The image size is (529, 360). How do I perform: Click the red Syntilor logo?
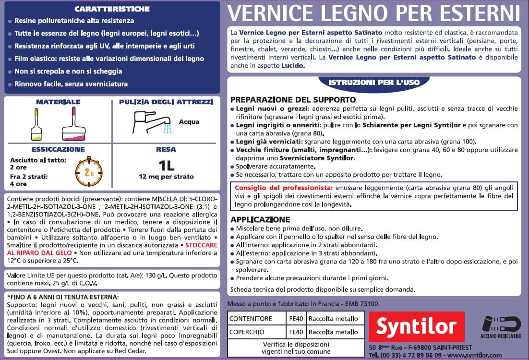pos(416,327)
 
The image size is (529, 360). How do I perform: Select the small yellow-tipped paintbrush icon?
pos(36,124)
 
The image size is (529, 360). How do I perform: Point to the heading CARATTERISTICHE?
pos(112,9)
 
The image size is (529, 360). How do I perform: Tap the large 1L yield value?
pos(166,166)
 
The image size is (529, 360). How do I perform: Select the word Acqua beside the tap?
pos(189,122)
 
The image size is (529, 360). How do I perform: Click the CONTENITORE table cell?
pos(251,319)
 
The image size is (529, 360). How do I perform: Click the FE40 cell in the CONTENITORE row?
pos(296,319)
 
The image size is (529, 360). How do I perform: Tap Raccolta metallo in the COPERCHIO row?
pos(333,332)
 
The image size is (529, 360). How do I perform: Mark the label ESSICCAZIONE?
pos(58,149)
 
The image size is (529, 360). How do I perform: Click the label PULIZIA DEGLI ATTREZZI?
pos(166,102)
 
